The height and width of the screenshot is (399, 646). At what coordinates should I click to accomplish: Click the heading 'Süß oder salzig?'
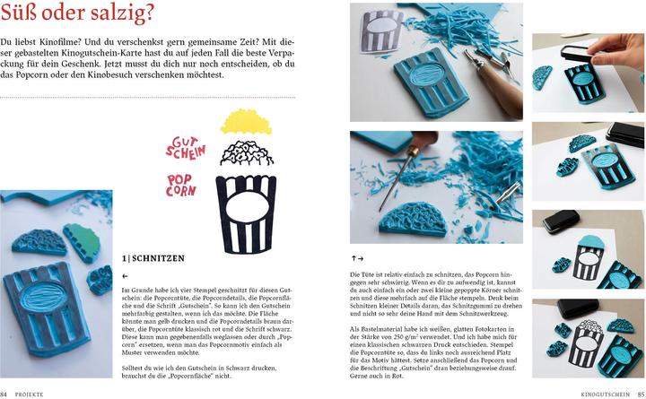point(77,14)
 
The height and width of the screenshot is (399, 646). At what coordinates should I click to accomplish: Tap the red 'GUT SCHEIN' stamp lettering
point(186,147)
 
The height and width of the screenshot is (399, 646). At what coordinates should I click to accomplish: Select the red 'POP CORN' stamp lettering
point(181,185)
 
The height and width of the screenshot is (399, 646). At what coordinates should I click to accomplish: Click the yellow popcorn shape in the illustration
point(245,122)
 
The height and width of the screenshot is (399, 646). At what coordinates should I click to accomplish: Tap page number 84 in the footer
point(4,394)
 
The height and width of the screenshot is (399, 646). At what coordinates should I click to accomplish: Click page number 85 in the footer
point(640,394)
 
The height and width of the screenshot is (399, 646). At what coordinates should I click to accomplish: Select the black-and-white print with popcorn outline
point(585,342)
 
